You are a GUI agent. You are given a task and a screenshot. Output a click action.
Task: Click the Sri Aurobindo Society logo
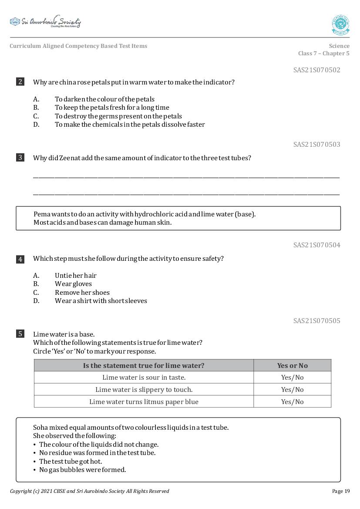click(45, 22)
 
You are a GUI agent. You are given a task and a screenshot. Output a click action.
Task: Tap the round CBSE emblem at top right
click(340, 25)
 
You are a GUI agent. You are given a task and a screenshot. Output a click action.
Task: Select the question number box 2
click(20, 82)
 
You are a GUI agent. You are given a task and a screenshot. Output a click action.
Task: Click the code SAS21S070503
click(316, 145)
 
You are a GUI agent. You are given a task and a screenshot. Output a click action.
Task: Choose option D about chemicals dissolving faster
click(129, 125)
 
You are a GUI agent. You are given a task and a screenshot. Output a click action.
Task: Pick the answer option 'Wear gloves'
click(73, 284)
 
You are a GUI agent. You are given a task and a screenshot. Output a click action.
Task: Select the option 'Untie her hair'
click(75, 276)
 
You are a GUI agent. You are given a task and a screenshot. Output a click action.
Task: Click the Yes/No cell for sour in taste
click(292, 378)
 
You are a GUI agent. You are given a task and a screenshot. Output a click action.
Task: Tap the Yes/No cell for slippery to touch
click(292, 390)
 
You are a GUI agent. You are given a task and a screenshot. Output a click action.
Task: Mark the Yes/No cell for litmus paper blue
click(292, 402)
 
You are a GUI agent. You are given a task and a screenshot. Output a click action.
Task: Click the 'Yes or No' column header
click(292, 366)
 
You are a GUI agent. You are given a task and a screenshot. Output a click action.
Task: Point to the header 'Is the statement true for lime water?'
click(144, 366)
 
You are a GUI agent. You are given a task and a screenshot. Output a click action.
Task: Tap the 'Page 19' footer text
click(340, 491)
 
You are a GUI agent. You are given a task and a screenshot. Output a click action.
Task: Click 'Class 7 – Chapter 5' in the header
click(323, 54)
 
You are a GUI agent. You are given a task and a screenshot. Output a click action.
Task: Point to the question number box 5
click(20, 334)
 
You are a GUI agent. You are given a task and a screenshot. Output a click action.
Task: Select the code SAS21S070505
click(316, 321)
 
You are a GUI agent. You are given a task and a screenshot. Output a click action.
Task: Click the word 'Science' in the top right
click(339, 46)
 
